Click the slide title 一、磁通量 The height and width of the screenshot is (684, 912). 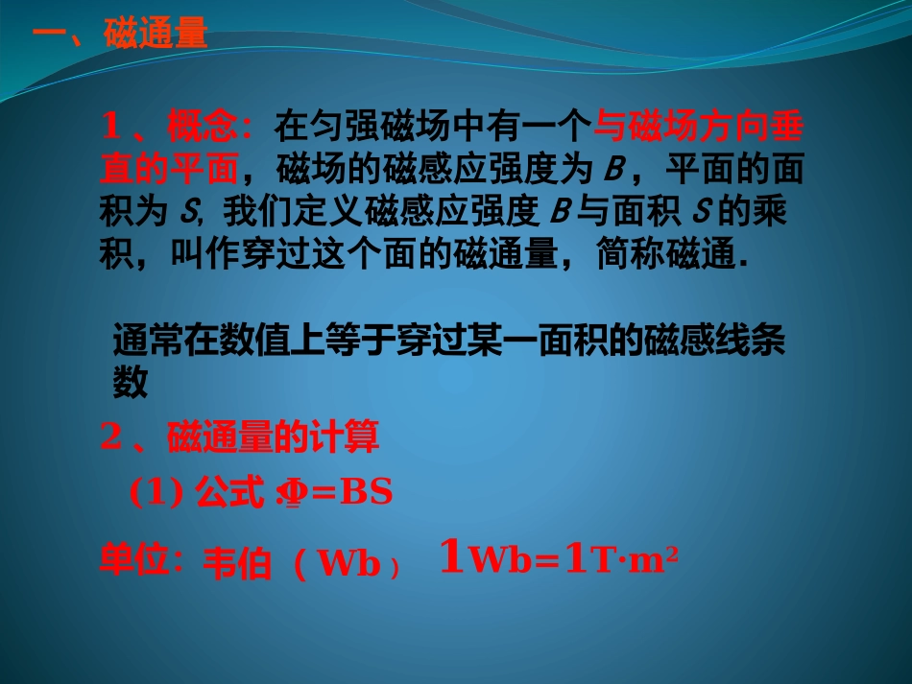[x=120, y=36]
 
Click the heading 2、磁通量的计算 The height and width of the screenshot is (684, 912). [x=240, y=437]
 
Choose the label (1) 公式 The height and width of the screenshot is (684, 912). [x=196, y=492]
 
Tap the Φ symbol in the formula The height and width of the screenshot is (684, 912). [x=289, y=493]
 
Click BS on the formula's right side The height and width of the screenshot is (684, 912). [x=367, y=492]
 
